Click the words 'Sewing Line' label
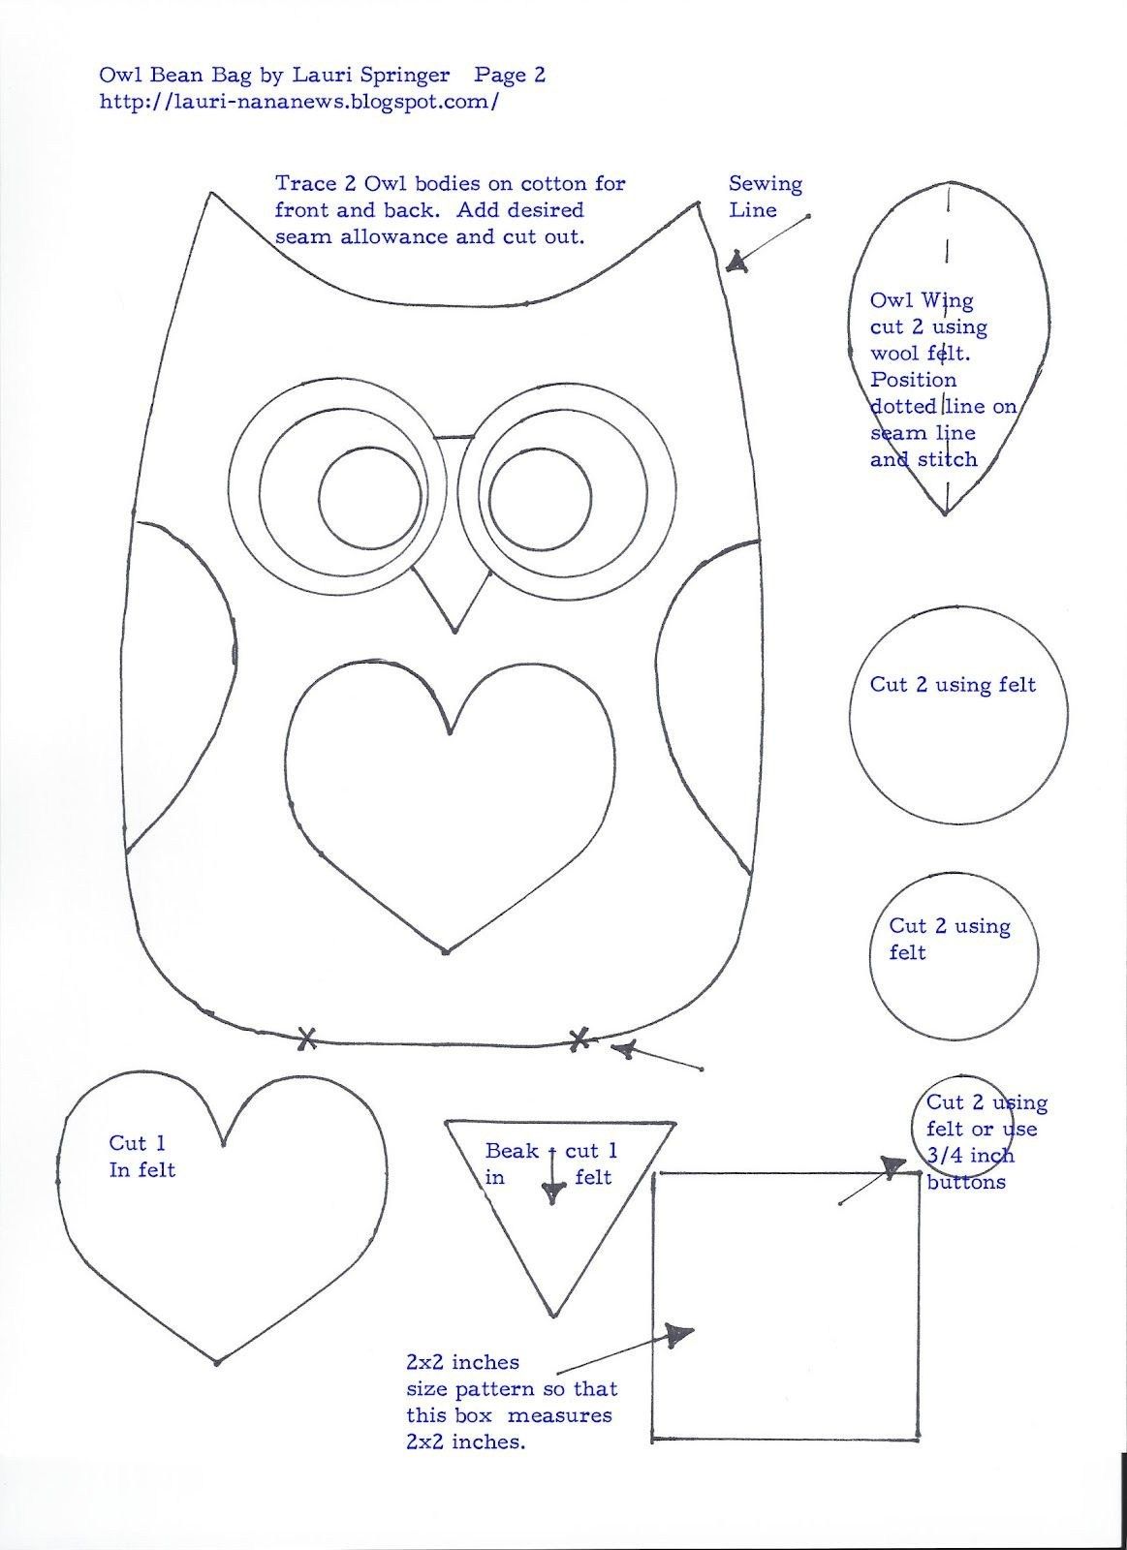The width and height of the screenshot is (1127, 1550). click(765, 196)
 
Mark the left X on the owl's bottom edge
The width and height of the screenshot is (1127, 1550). click(306, 1039)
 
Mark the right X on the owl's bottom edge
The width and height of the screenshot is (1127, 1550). click(579, 1039)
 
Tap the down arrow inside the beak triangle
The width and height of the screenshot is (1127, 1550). click(552, 1193)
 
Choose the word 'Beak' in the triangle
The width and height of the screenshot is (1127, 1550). click(512, 1151)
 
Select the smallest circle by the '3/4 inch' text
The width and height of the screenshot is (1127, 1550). click(948, 1124)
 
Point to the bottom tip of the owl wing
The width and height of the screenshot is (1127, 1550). click(946, 514)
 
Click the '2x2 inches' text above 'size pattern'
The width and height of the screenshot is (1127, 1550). click(462, 1362)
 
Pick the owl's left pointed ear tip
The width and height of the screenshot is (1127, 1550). click(211, 195)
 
